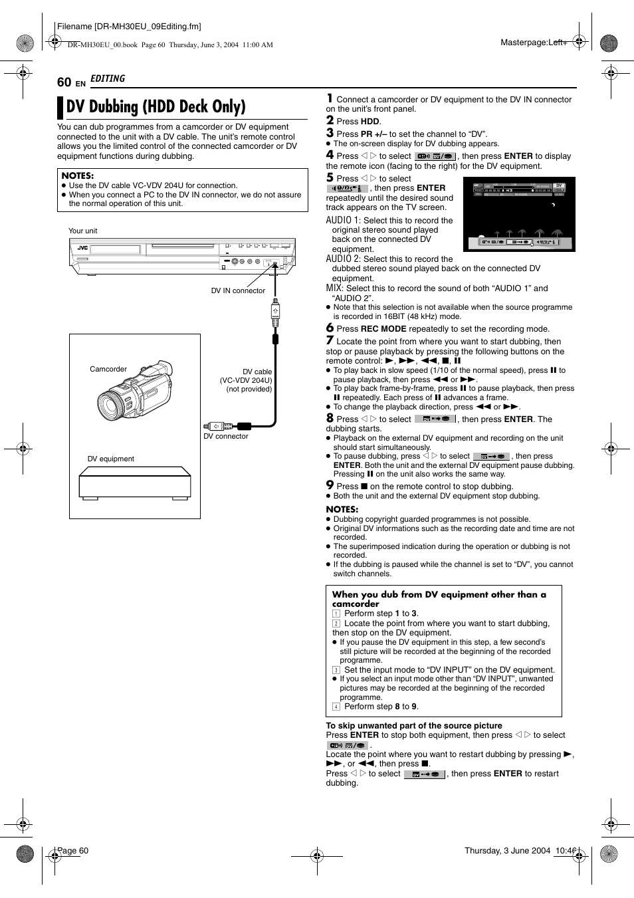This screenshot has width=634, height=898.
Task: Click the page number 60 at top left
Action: point(64,82)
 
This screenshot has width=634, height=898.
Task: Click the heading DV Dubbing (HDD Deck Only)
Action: point(156,107)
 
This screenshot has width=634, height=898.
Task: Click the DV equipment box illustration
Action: point(135,483)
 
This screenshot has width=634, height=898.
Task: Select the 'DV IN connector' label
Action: point(238,290)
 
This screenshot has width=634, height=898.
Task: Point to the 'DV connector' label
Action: point(225,437)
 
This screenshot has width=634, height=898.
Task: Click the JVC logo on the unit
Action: point(82,248)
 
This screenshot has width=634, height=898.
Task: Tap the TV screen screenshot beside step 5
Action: point(519,214)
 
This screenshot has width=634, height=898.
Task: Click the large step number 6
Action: point(330,328)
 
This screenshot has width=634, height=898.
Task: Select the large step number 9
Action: point(330,485)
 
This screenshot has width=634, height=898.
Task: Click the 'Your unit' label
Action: point(82,231)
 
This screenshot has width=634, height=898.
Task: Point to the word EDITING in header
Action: point(108,78)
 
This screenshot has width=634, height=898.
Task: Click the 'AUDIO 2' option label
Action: point(343,259)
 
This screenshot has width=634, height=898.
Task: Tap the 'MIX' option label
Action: point(334,288)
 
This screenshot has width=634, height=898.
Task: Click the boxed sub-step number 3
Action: point(336,670)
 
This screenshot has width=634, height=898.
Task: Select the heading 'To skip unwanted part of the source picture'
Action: point(413,726)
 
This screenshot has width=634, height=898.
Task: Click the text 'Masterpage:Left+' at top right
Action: point(533,43)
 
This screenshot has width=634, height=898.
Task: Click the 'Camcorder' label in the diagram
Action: point(108,370)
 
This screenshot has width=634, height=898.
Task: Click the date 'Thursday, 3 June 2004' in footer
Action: point(507,851)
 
